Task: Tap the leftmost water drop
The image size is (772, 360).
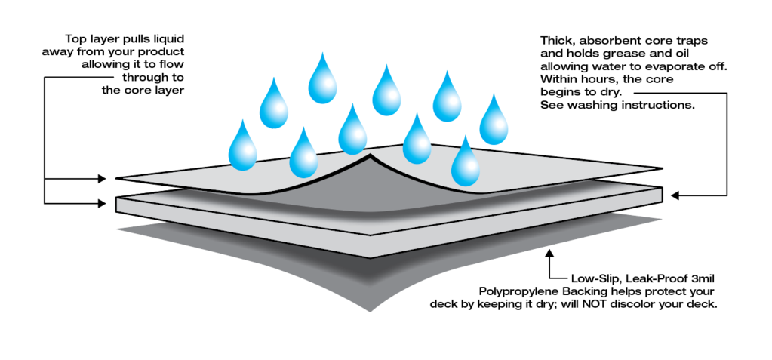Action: click(243, 145)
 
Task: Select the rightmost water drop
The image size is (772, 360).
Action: click(494, 120)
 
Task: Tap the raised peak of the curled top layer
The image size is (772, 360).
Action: click(370, 158)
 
